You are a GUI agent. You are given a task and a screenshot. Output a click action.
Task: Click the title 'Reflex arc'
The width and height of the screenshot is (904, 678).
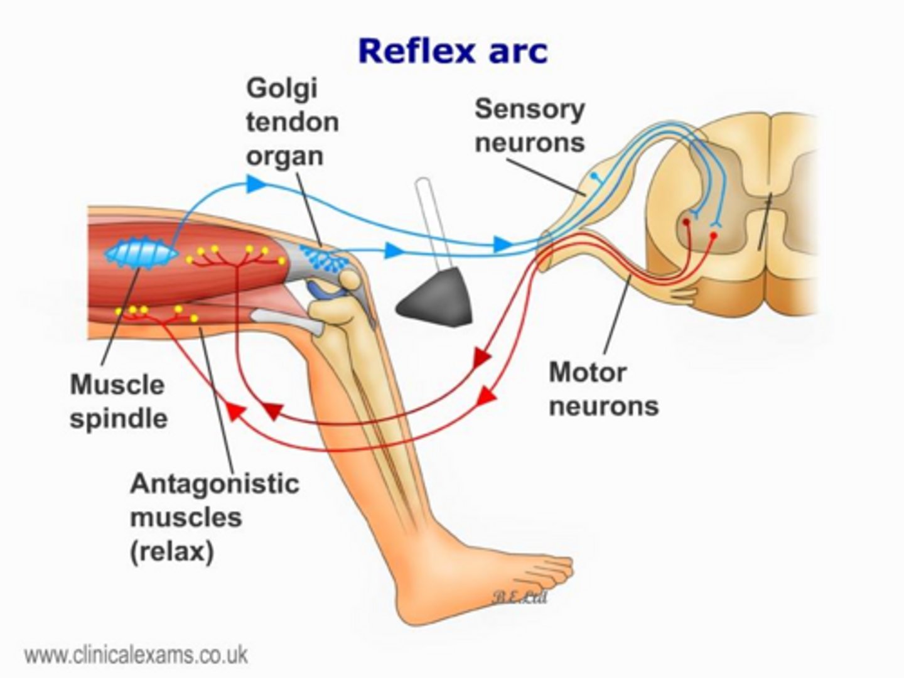click(x=452, y=50)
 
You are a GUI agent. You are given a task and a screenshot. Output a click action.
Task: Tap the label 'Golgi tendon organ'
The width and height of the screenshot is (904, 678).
click(x=292, y=122)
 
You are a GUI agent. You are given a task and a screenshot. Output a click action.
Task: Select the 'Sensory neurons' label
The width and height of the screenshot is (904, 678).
click(x=529, y=126)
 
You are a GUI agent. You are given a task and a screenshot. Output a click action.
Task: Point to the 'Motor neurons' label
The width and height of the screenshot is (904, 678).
click(x=603, y=389)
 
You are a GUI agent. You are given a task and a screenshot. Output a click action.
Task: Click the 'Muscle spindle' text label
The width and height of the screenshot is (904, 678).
click(x=118, y=402)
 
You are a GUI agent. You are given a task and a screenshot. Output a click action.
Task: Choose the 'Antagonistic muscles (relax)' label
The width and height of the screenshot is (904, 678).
click(x=213, y=518)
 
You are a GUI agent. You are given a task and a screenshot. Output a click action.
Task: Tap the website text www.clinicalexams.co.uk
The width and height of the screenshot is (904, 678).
click(x=136, y=655)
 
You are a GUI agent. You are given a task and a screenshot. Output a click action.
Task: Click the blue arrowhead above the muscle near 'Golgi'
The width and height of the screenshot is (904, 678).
click(x=255, y=183)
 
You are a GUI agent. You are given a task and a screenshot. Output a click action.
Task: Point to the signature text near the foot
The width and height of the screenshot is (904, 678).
click(x=519, y=596)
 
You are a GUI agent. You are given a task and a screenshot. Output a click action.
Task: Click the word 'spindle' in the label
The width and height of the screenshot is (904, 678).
click(x=118, y=419)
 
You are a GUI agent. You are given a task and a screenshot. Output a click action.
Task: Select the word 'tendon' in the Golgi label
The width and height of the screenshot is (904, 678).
click(x=292, y=122)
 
